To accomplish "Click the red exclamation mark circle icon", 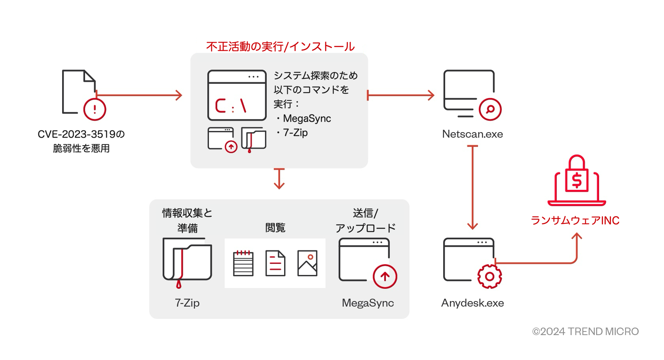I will (x=95, y=109).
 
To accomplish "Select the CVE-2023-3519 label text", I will (x=81, y=135).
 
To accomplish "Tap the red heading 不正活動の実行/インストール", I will (x=280, y=47).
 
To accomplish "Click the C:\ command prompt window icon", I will (x=237, y=95).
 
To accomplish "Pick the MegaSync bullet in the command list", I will (x=307, y=118).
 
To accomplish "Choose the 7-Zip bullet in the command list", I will (x=295, y=133).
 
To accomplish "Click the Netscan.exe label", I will (x=472, y=134).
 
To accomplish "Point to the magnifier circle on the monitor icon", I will (x=490, y=109).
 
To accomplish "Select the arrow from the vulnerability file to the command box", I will (x=139, y=95).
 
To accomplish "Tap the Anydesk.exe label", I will (x=472, y=303).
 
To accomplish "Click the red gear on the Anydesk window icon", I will (x=489, y=277).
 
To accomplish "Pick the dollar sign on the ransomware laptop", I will (x=577, y=180).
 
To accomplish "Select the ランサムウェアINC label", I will (x=575, y=220).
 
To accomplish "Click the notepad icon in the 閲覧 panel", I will (x=243, y=263).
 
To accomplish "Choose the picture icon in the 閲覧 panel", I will (x=307, y=263).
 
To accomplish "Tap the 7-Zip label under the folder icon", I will (x=187, y=303).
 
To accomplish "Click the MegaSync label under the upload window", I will (x=368, y=303).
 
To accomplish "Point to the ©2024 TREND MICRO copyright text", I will (x=585, y=332).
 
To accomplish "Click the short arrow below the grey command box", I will (x=279, y=178).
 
